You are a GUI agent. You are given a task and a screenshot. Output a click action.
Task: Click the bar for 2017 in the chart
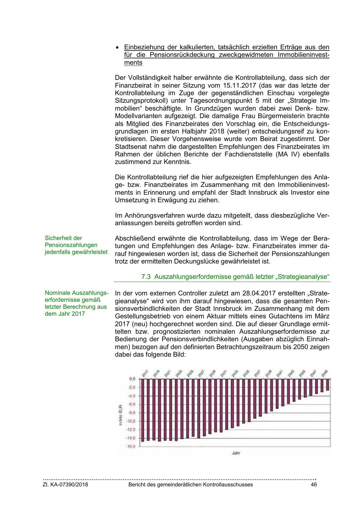142,410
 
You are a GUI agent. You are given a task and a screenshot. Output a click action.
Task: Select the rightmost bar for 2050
328,385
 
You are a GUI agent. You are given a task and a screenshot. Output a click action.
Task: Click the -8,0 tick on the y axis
132,412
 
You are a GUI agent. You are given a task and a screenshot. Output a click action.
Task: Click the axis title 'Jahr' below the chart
236,453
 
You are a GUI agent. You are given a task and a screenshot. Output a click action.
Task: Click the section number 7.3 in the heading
146,277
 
